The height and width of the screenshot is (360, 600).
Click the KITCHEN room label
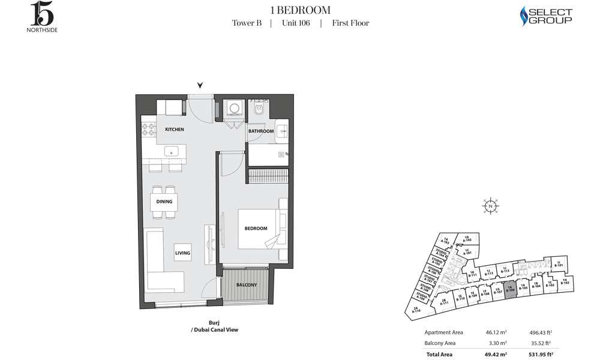pos(175,130)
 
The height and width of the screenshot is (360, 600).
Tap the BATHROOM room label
pos(261,131)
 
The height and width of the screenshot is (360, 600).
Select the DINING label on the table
pos(164,202)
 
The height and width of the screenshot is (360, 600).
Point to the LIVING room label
pos(182,253)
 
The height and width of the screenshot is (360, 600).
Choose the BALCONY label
pos(246,284)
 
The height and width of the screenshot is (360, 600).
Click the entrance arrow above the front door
pos(200,86)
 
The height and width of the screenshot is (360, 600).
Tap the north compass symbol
pos(490,206)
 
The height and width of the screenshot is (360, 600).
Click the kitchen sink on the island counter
pos(172,151)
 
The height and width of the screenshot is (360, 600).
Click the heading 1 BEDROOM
pos(300,10)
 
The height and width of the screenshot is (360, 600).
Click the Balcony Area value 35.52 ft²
pos(541,343)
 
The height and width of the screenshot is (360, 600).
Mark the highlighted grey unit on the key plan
pos(510,289)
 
